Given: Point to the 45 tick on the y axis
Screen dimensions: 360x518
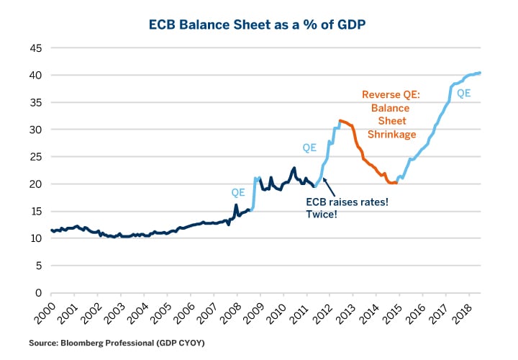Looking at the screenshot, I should [x=34, y=48].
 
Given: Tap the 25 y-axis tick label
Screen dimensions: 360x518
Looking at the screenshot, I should [x=34, y=157].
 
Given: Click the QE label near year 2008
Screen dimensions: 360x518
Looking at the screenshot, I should [x=238, y=193].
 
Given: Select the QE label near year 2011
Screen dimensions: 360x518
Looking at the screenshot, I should [x=309, y=148].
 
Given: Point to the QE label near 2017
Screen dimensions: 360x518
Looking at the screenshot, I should [x=464, y=92].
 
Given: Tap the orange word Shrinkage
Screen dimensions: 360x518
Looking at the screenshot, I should [x=391, y=134].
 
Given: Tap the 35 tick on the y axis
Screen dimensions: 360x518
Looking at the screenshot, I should [x=34, y=103].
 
